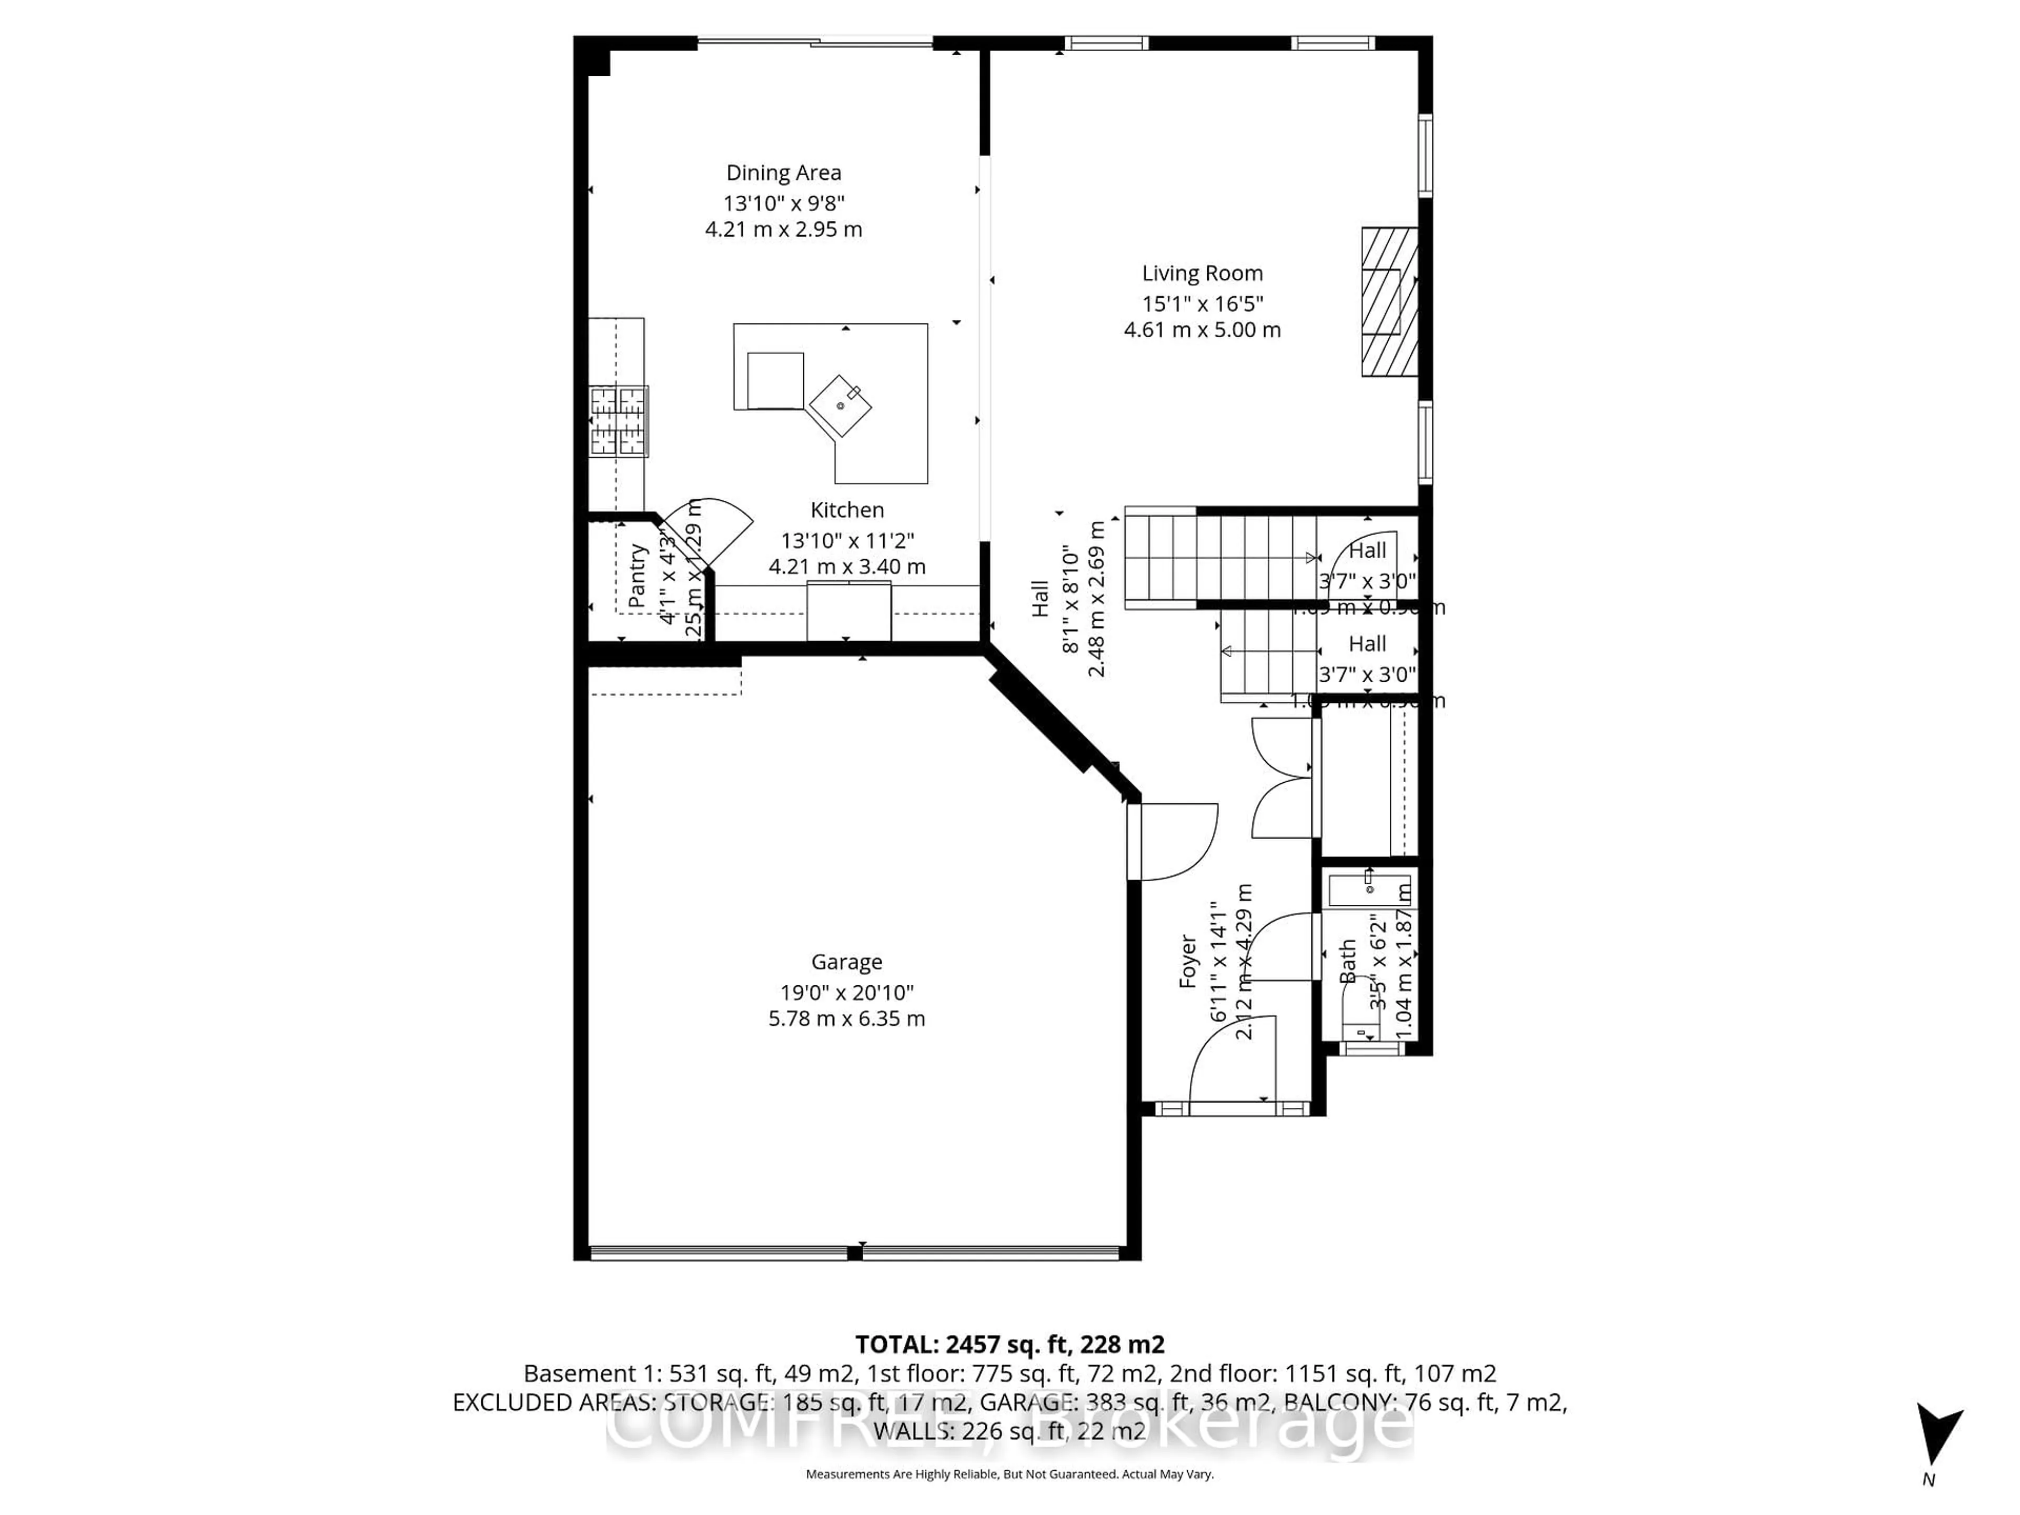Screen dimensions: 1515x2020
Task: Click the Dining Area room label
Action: (x=783, y=173)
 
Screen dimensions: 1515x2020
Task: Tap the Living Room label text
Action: (x=1202, y=273)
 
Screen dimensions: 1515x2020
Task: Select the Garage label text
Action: (x=846, y=962)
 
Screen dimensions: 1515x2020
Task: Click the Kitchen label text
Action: (x=846, y=510)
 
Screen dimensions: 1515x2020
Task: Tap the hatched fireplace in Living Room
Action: (x=1389, y=301)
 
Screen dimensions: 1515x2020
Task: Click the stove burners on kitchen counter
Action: (x=618, y=421)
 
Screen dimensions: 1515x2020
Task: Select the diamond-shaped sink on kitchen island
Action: (x=840, y=406)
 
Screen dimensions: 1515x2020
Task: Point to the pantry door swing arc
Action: (x=717, y=530)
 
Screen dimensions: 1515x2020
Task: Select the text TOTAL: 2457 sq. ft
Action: (x=1009, y=1344)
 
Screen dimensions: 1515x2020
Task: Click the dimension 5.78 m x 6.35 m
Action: (x=846, y=1018)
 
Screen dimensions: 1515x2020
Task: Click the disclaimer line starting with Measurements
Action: (x=1009, y=1474)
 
